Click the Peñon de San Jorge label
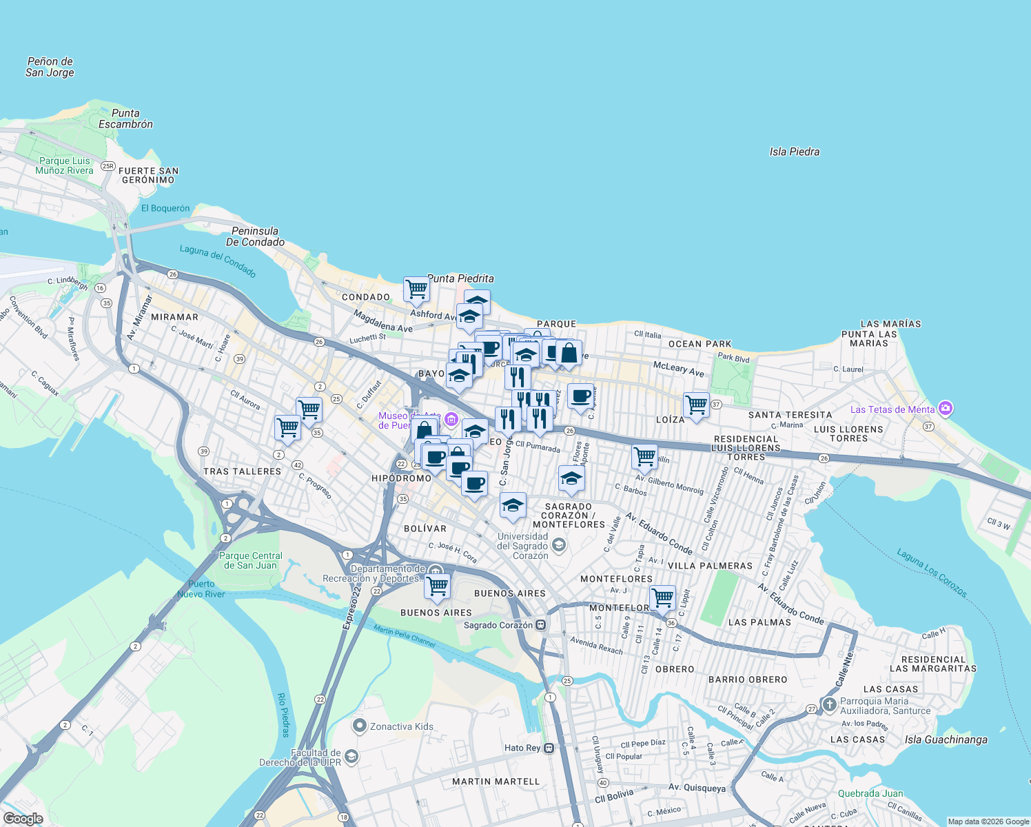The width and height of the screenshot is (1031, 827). point(50,67)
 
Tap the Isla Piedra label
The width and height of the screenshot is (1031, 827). point(794,152)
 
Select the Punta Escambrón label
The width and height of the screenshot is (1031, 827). point(125,119)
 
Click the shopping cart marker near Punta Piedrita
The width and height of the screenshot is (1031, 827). point(416,289)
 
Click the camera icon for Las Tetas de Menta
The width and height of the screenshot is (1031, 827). point(946,409)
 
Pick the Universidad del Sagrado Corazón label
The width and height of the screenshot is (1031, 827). point(522,546)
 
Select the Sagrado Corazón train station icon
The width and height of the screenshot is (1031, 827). point(541,625)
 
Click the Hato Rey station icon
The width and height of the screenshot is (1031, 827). point(549,748)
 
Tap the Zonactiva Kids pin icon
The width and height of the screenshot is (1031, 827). point(359,726)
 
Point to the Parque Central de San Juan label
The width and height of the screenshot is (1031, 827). point(250,560)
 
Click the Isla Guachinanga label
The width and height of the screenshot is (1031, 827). point(946,739)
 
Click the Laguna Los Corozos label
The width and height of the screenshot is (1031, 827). point(932,573)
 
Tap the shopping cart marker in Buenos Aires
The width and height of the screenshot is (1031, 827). point(437,586)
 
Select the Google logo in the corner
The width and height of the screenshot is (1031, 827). point(23,819)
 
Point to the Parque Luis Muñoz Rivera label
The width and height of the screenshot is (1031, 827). point(64,165)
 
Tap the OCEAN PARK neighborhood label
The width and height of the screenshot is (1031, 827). point(700,344)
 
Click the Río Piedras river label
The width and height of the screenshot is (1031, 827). point(283,715)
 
